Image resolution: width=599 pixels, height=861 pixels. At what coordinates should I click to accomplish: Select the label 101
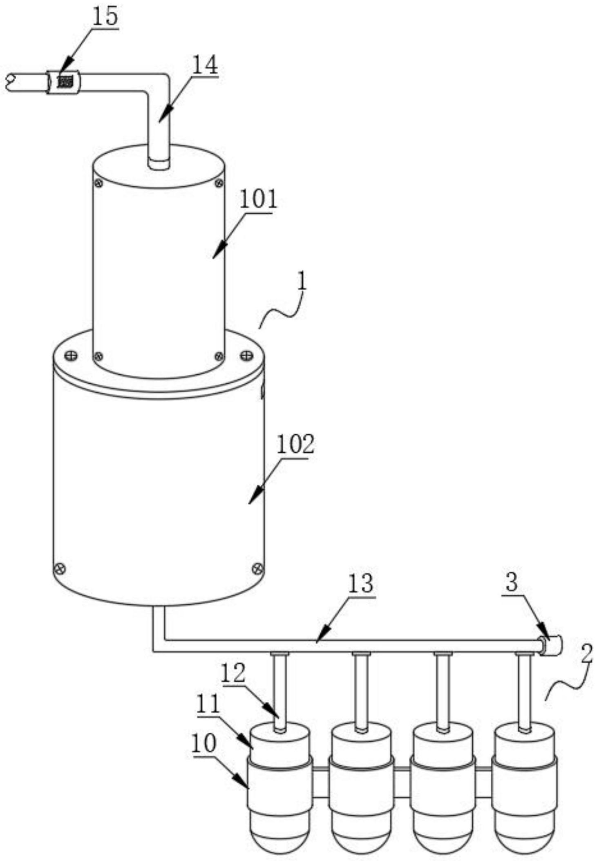(258, 200)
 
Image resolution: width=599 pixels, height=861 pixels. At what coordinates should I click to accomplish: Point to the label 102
(295, 445)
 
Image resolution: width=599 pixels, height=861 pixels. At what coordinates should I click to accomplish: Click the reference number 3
(512, 582)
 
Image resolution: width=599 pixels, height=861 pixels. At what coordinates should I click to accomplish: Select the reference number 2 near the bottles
(586, 653)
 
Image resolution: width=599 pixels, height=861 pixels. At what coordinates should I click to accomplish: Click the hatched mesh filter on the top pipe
(65, 81)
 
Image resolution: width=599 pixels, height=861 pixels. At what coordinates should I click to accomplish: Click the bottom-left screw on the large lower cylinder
(60, 568)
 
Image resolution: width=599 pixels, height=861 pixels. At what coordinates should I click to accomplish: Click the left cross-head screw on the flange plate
(71, 355)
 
